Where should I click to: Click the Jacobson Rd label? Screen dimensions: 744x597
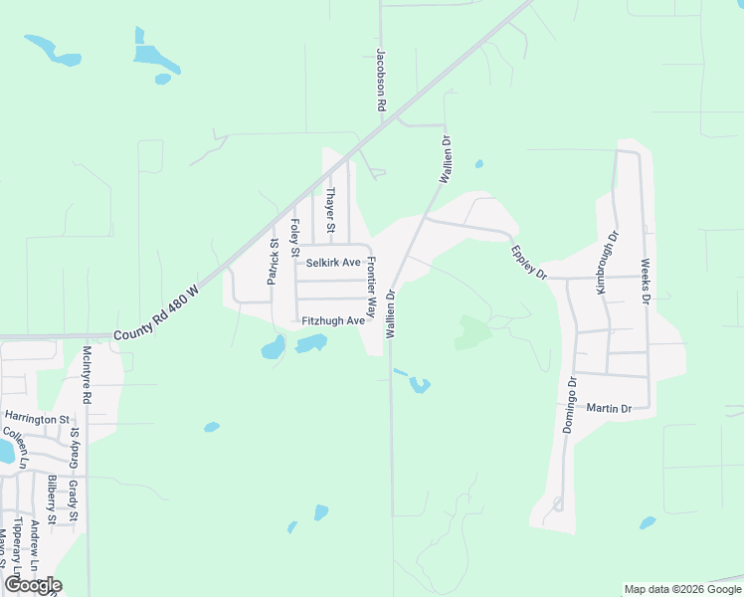click(x=380, y=80)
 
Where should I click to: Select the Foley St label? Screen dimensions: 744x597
click(x=294, y=237)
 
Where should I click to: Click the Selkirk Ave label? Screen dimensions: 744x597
click(x=333, y=263)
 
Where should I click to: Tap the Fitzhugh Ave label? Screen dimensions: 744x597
click(x=333, y=320)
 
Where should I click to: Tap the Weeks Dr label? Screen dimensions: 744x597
click(x=645, y=282)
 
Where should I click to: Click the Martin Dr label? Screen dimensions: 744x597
click(x=610, y=408)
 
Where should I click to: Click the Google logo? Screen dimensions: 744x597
click(x=33, y=585)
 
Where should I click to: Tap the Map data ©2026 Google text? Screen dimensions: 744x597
click(x=681, y=589)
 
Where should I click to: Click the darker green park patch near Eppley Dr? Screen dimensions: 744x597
click(x=474, y=332)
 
